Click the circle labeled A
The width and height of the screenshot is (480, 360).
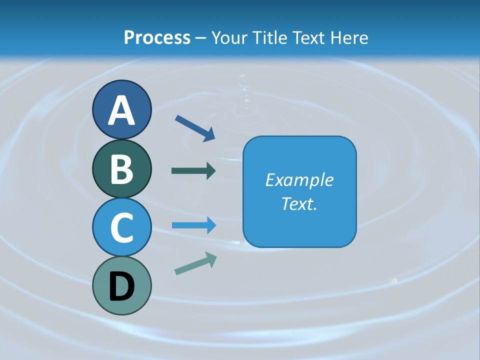coord(122,109)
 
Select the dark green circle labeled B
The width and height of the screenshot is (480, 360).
coord(122,169)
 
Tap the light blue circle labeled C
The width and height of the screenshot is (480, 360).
coord(122,227)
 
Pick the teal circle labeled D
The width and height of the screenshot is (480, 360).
coord(122,285)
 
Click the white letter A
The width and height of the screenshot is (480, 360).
coord(122,110)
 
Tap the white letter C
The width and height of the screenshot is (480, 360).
coord(122,227)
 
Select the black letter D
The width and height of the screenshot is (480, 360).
coord(122,286)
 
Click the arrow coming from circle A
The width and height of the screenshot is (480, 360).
coord(195,128)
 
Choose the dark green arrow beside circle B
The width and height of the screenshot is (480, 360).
coord(193,170)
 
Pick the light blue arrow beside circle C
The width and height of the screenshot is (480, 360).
coord(194,225)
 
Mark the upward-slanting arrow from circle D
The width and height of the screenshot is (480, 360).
coord(195,263)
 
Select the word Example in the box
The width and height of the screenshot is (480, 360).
coord(299,180)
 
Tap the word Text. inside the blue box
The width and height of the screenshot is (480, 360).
coord(299,203)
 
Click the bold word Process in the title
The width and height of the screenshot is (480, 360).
coord(157,37)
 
